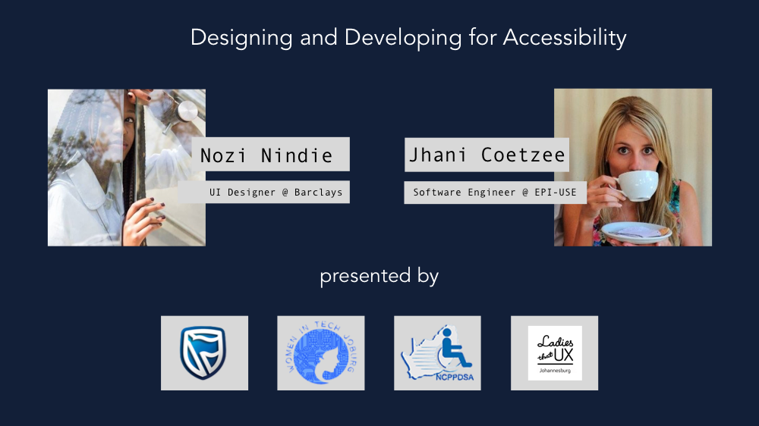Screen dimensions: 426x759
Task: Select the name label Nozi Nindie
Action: point(266,155)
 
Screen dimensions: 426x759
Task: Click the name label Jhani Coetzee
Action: point(487,155)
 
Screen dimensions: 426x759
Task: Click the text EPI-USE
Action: point(556,193)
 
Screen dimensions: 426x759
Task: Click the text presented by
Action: point(379,275)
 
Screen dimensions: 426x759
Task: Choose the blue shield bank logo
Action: point(203,352)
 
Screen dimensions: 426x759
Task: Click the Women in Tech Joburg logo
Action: point(320,352)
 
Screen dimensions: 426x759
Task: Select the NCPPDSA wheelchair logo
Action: point(437,353)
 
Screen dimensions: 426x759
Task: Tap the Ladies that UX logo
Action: point(554,352)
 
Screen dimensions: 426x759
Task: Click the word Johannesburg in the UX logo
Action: point(554,371)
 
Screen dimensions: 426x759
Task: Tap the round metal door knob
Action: point(186,111)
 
